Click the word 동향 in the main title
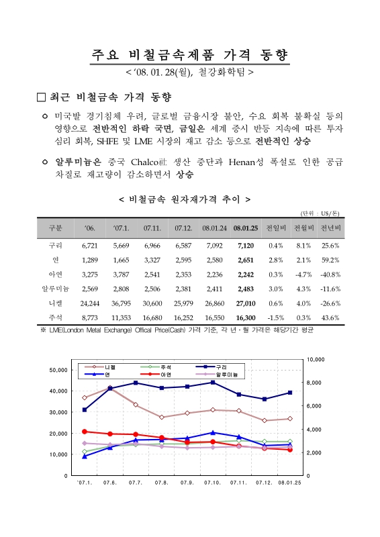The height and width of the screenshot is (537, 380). point(270,54)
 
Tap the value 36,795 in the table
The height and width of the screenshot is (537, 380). point(121,304)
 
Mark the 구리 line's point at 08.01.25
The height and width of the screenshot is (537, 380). point(289,392)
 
